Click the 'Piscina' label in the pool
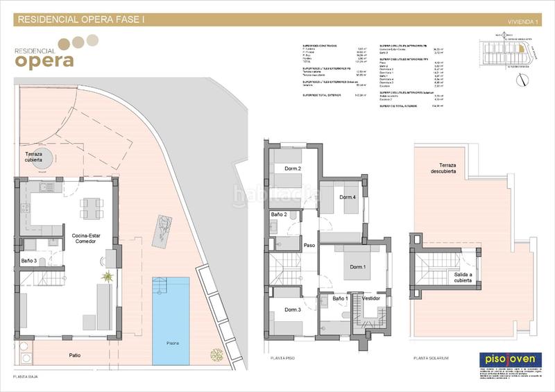click(171, 343)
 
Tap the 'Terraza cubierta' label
click(39, 155)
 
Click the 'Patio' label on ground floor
click(74, 355)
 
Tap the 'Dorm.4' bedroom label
click(348, 198)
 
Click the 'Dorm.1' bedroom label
click(357, 267)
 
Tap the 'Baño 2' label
click(278, 216)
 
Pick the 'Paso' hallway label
click(309, 245)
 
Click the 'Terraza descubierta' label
click(443, 167)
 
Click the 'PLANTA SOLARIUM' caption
click(431, 359)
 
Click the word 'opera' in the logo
click(44, 60)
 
